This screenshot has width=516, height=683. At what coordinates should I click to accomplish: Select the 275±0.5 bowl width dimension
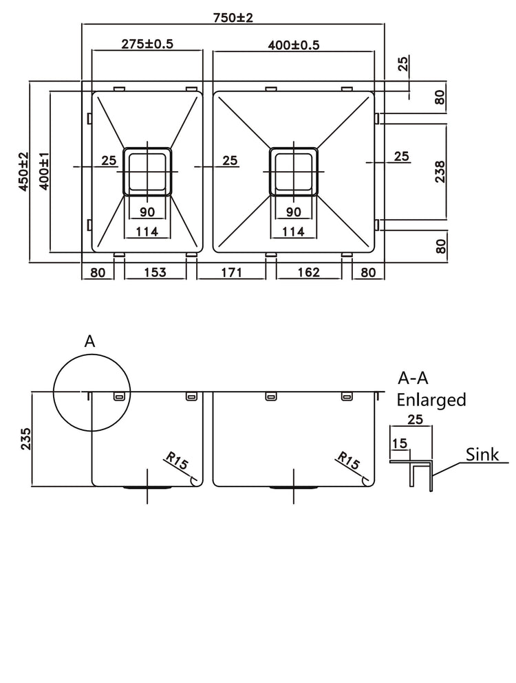coord(147,44)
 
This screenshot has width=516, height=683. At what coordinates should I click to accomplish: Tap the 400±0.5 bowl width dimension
coord(294,45)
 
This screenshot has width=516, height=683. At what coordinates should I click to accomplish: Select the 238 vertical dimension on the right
coord(440,171)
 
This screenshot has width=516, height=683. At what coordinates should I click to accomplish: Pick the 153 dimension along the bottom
coord(155,273)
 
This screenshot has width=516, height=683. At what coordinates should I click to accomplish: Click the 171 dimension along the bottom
coord(230,273)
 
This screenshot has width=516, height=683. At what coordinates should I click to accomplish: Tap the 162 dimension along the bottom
coord(308,273)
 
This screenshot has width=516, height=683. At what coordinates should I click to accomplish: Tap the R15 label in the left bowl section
coord(177,462)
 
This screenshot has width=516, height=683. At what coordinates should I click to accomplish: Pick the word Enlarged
coord(432,399)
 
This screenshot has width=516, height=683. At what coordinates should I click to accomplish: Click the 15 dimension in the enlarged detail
coord(398,444)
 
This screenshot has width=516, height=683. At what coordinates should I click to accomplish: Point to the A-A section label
coord(415,378)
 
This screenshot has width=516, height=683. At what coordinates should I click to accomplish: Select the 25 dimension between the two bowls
coord(230,160)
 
